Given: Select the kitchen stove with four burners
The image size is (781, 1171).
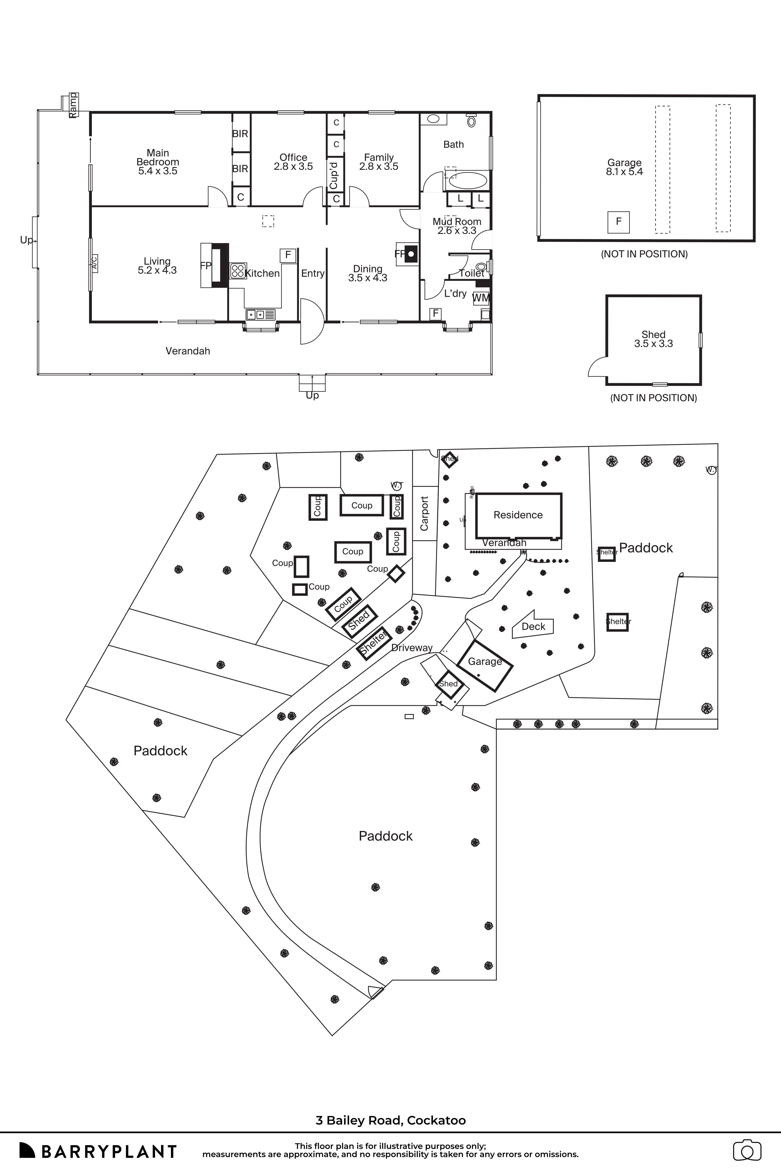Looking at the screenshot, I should pos(238,270).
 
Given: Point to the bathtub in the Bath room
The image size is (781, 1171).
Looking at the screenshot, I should pos(468,180).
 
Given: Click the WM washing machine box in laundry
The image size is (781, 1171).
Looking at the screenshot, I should pos(481,298).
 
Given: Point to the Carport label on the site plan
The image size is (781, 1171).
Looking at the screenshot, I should pos(424,513).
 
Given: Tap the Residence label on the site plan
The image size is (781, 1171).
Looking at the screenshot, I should pos(518,515).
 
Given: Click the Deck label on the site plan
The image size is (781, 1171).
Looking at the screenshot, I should pos(533,626).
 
